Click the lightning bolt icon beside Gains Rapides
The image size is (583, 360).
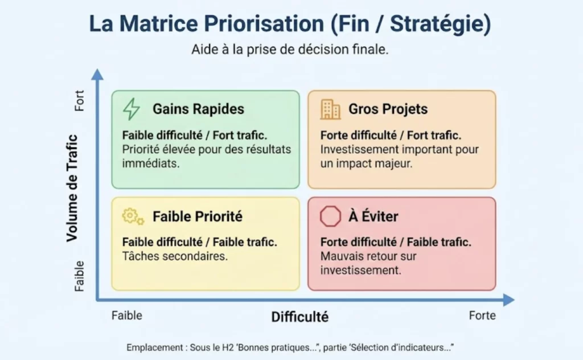132,109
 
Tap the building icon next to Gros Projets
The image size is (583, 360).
330,109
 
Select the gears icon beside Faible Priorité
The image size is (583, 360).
133,216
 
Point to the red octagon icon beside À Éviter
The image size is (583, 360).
330,216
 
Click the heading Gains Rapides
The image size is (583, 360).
198,109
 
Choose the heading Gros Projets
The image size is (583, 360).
388,109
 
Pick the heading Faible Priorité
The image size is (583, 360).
197,216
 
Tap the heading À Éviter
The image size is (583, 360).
373,216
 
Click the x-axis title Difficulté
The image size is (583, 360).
299,317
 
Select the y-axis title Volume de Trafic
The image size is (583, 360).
72,188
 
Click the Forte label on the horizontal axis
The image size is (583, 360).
482,315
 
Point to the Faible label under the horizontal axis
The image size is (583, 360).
127,315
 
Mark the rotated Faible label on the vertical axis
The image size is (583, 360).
79,276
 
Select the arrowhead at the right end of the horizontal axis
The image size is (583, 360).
508,300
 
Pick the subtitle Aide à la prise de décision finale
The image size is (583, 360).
290,50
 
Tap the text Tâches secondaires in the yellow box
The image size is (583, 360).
175,256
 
